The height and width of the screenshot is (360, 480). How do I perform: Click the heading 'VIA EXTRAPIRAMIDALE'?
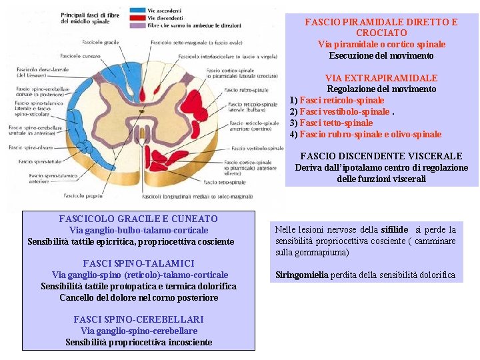pyautogui.click(x=381, y=78)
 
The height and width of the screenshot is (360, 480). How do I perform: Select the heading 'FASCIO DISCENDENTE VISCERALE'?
pyautogui.click(x=381, y=156)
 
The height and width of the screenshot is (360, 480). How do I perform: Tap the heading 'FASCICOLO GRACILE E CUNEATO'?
pyautogui.click(x=138, y=219)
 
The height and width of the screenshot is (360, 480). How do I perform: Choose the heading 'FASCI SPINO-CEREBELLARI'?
pyautogui.click(x=138, y=319)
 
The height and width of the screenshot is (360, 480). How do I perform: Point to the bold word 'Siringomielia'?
pyautogui.click(x=302, y=275)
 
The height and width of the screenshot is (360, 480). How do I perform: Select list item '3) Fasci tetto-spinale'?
pyautogui.click(x=331, y=123)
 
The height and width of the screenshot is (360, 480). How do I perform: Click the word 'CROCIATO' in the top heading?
pyautogui.click(x=381, y=33)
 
